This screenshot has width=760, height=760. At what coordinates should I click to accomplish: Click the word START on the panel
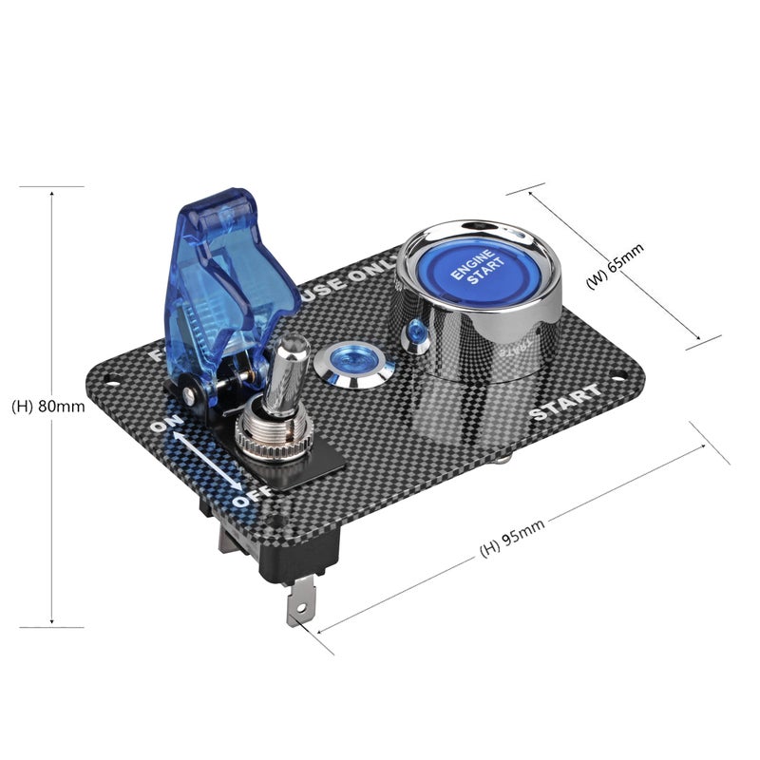click(564, 403)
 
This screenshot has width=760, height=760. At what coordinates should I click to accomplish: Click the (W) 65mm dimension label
click(615, 270)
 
